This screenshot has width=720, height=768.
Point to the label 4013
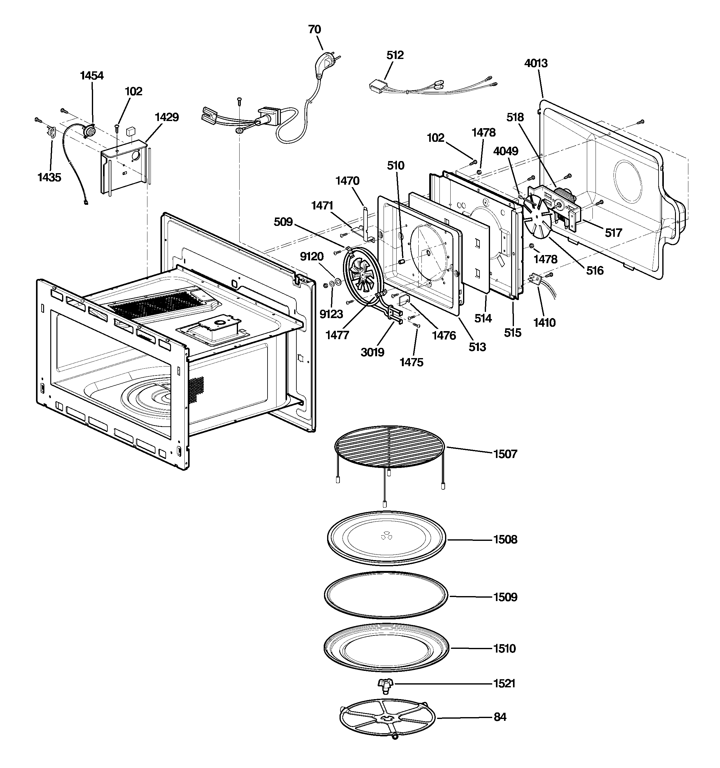pos(536,63)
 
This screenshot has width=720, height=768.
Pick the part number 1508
pos(505,539)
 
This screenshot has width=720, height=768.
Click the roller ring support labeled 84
pos(387,718)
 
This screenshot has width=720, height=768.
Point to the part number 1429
pos(167,117)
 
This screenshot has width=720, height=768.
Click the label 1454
pos(92,75)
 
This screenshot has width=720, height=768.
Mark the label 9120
pos(312,257)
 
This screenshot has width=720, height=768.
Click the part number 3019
pos(372,352)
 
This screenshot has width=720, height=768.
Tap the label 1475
pos(411,362)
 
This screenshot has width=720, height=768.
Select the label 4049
pos(506,151)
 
